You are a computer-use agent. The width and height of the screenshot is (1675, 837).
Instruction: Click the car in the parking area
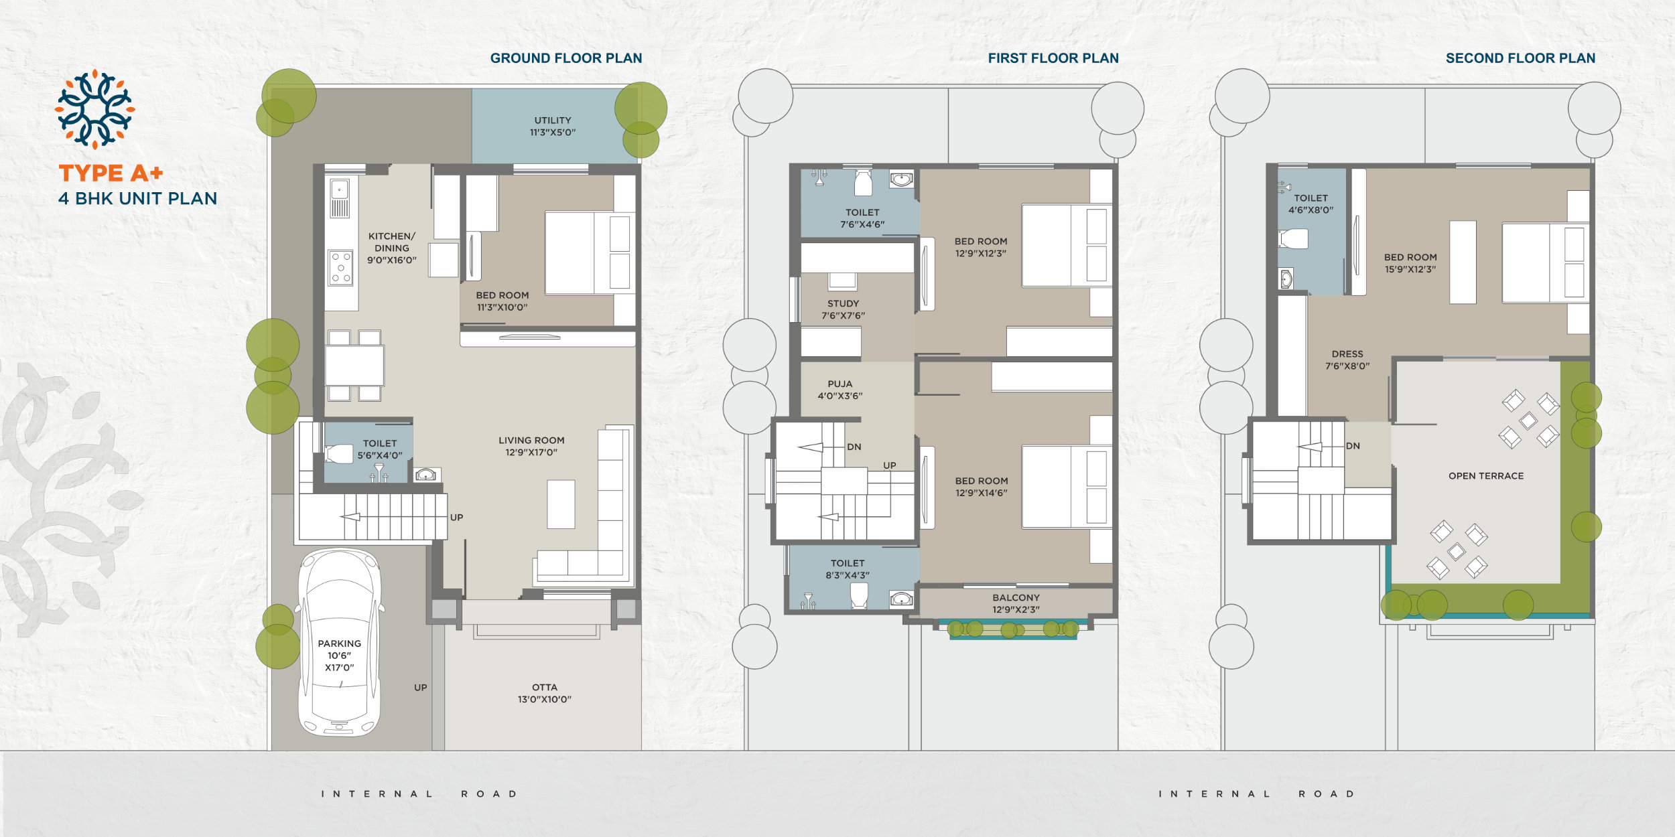click(x=340, y=643)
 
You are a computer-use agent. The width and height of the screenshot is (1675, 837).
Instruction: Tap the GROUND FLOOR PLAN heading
click(x=566, y=58)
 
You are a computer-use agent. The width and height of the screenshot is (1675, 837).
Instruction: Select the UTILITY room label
click(x=553, y=121)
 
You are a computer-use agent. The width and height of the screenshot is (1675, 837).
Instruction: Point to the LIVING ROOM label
click(x=531, y=441)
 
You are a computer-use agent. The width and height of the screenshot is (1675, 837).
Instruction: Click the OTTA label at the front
click(x=545, y=687)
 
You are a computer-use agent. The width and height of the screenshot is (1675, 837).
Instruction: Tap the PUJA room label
click(x=840, y=384)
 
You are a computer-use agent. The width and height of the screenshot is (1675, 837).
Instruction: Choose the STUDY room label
click(x=843, y=303)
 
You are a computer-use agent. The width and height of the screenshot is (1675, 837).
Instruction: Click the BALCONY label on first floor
click(x=1016, y=597)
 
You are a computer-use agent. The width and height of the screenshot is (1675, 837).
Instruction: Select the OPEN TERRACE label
click(x=1486, y=476)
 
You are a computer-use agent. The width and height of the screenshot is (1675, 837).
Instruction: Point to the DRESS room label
click(x=1347, y=354)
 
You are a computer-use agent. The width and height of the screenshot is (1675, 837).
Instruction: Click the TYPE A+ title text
click(x=111, y=173)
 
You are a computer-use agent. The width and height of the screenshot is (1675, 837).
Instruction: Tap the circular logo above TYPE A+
click(x=94, y=109)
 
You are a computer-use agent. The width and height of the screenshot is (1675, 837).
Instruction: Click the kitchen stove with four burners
click(x=340, y=268)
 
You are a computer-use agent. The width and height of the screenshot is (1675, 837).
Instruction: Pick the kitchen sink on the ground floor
click(x=340, y=198)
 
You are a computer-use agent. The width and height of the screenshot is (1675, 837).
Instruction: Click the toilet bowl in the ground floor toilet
click(x=339, y=454)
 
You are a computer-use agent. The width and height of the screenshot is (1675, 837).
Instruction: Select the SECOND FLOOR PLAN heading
click(x=1520, y=58)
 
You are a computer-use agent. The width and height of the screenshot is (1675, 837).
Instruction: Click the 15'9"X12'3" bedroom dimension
click(x=1410, y=269)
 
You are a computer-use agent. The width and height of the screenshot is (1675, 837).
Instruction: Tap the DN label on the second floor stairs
click(x=1353, y=446)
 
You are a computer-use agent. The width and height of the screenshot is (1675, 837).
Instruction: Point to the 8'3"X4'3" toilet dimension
click(x=848, y=575)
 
